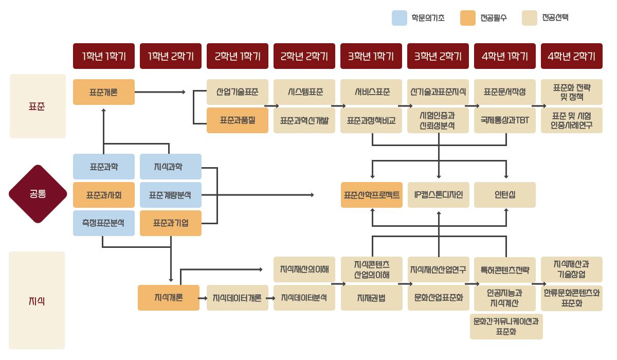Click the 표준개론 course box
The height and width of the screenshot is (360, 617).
coord(104,92)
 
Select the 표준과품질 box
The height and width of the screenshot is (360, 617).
coord(237,120)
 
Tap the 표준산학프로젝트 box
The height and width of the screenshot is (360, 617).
coord(371,195)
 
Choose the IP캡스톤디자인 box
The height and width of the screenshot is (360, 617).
coord(438,195)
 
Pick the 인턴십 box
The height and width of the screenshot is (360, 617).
coord(505,195)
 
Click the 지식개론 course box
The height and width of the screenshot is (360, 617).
coord(168,298)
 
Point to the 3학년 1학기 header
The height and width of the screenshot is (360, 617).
coord(371,56)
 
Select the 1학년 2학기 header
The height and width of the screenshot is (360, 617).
coord(171,56)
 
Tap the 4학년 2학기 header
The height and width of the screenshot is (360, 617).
coord(571,56)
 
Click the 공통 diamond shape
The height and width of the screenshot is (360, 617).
coord(38,194)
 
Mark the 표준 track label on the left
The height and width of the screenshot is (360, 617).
coord(38,106)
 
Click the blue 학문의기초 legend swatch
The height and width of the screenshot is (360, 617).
coord(400,18)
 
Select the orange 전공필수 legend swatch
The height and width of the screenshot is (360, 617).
coord(467,18)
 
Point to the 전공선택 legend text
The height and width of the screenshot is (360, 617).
coord(555,18)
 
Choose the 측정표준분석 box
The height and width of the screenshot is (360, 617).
coord(104,223)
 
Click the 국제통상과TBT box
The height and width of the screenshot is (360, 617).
coord(505,120)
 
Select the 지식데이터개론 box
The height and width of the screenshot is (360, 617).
coord(237,298)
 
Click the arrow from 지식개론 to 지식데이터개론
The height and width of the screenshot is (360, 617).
coord(203,298)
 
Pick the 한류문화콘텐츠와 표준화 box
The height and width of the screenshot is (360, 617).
coord(571,298)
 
